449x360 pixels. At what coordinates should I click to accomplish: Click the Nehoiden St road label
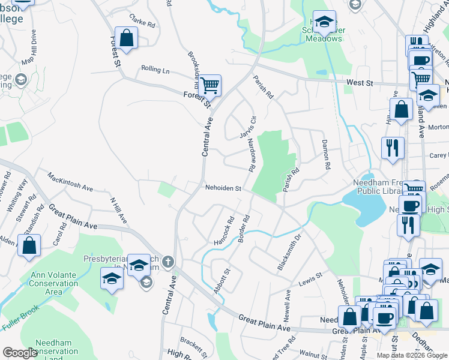(223, 188)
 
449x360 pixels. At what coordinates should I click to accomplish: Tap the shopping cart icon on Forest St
(209, 86)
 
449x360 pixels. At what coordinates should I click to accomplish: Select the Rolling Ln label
(155, 70)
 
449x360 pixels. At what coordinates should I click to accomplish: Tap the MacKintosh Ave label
(70, 184)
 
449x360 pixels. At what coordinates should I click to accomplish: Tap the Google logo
(19, 353)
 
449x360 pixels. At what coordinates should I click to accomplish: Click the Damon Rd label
(327, 154)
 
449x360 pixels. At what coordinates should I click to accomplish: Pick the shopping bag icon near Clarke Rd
(127, 38)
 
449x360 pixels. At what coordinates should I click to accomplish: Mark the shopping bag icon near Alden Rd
(29, 246)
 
